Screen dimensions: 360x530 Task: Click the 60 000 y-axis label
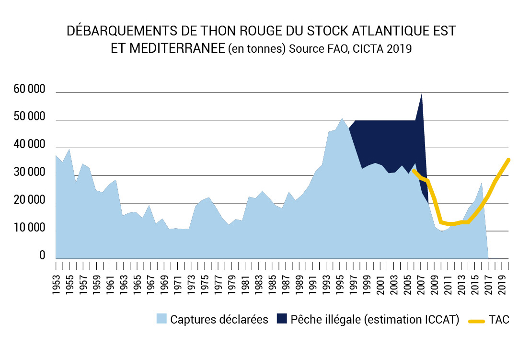click(30, 90)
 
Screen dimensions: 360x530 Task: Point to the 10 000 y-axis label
click(30, 229)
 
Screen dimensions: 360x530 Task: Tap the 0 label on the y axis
click(42, 256)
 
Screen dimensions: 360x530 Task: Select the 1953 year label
click(56, 283)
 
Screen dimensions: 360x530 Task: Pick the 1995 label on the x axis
click(339, 283)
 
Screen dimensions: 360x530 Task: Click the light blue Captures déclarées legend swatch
click(161, 320)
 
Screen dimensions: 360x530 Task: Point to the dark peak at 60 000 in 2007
click(421, 94)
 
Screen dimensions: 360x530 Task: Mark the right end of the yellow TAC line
click(508, 160)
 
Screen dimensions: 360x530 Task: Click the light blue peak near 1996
click(342, 118)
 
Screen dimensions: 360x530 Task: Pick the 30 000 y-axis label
click(30, 173)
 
